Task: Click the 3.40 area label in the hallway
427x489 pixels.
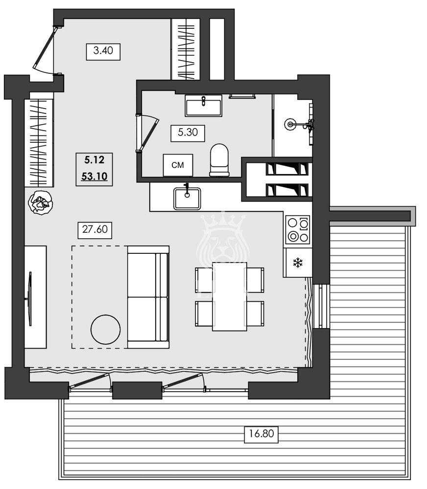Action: click(x=103, y=51)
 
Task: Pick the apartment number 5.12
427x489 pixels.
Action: click(x=92, y=159)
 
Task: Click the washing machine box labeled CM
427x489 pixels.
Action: click(x=178, y=165)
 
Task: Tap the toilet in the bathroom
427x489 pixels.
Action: click(x=219, y=160)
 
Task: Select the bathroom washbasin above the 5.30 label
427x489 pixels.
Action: click(x=203, y=105)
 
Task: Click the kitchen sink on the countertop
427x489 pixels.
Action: click(x=187, y=198)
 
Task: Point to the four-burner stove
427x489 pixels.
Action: click(x=298, y=229)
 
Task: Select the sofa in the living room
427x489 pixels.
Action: click(x=148, y=297)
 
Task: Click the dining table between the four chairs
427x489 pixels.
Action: click(x=229, y=296)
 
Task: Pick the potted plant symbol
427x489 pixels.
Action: click(x=40, y=203)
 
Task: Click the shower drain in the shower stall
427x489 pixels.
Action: click(x=291, y=124)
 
